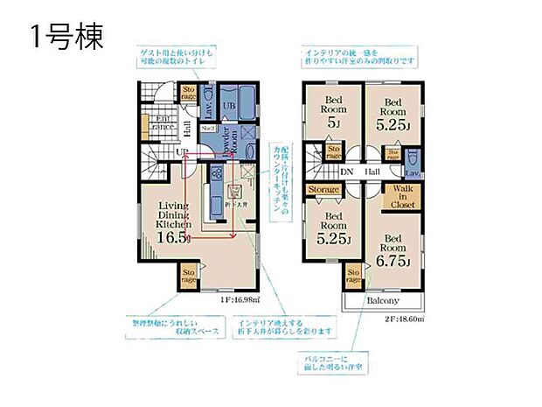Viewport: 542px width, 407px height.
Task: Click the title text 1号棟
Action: click(x=67, y=38)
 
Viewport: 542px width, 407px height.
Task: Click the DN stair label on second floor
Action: click(x=345, y=172)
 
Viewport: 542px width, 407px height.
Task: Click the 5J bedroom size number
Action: click(x=334, y=123)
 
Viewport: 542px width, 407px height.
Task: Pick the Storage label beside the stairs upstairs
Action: click(x=323, y=188)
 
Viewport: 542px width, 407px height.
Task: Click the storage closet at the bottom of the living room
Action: click(x=188, y=277)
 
